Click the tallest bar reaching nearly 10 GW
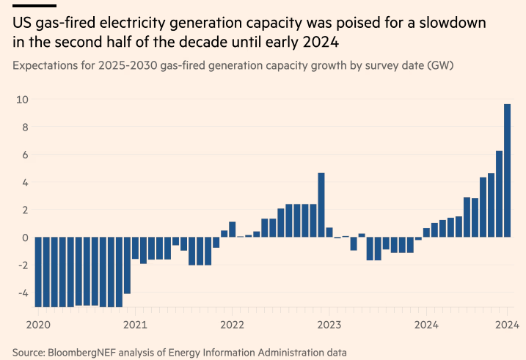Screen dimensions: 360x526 tap(507, 171)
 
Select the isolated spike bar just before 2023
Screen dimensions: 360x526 tap(321, 205)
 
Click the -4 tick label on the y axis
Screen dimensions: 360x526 tap(22, 293)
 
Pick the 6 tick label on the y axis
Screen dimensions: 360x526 tap(24, 155)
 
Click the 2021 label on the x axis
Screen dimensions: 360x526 tap(135, 324)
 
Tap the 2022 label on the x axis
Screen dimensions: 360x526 tap(232, 324)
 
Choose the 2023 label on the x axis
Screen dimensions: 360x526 tap(329, 324)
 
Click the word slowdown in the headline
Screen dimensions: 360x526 tap(464, 23)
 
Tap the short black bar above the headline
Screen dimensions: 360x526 tap(34, 5)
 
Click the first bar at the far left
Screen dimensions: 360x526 tap(37, 271)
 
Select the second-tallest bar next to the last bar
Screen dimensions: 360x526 tap(499, 194)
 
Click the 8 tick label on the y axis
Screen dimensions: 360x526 tap(24, 127)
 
